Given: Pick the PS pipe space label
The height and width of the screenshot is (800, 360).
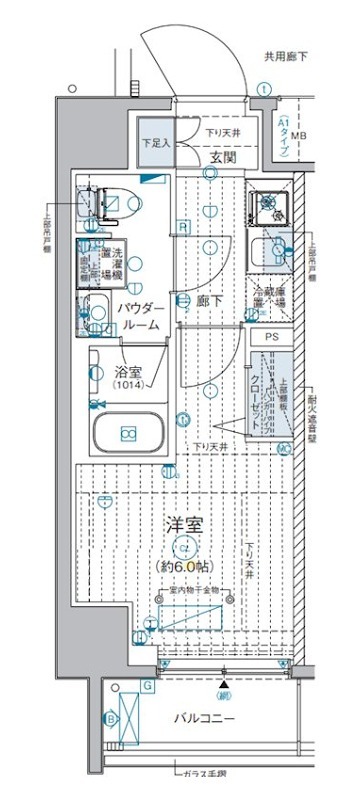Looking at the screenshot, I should pyautogui.click(x=273, y=338).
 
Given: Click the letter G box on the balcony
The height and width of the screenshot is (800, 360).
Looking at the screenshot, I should pyautogui.click(x=146, y=685).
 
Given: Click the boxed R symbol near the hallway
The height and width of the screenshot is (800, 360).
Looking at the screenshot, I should pyautogui.click(x=184, y=227).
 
